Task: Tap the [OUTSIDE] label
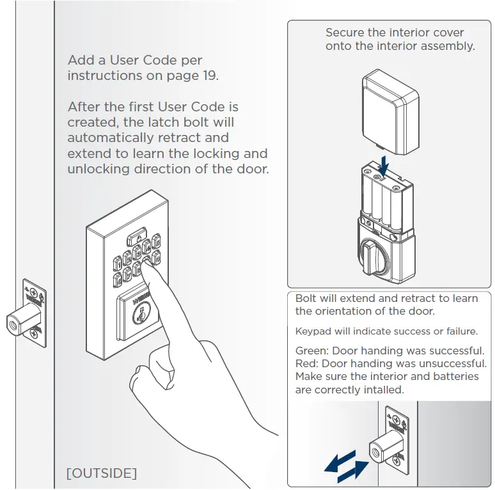102,473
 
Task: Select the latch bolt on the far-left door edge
19,323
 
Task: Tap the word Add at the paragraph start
79,61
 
